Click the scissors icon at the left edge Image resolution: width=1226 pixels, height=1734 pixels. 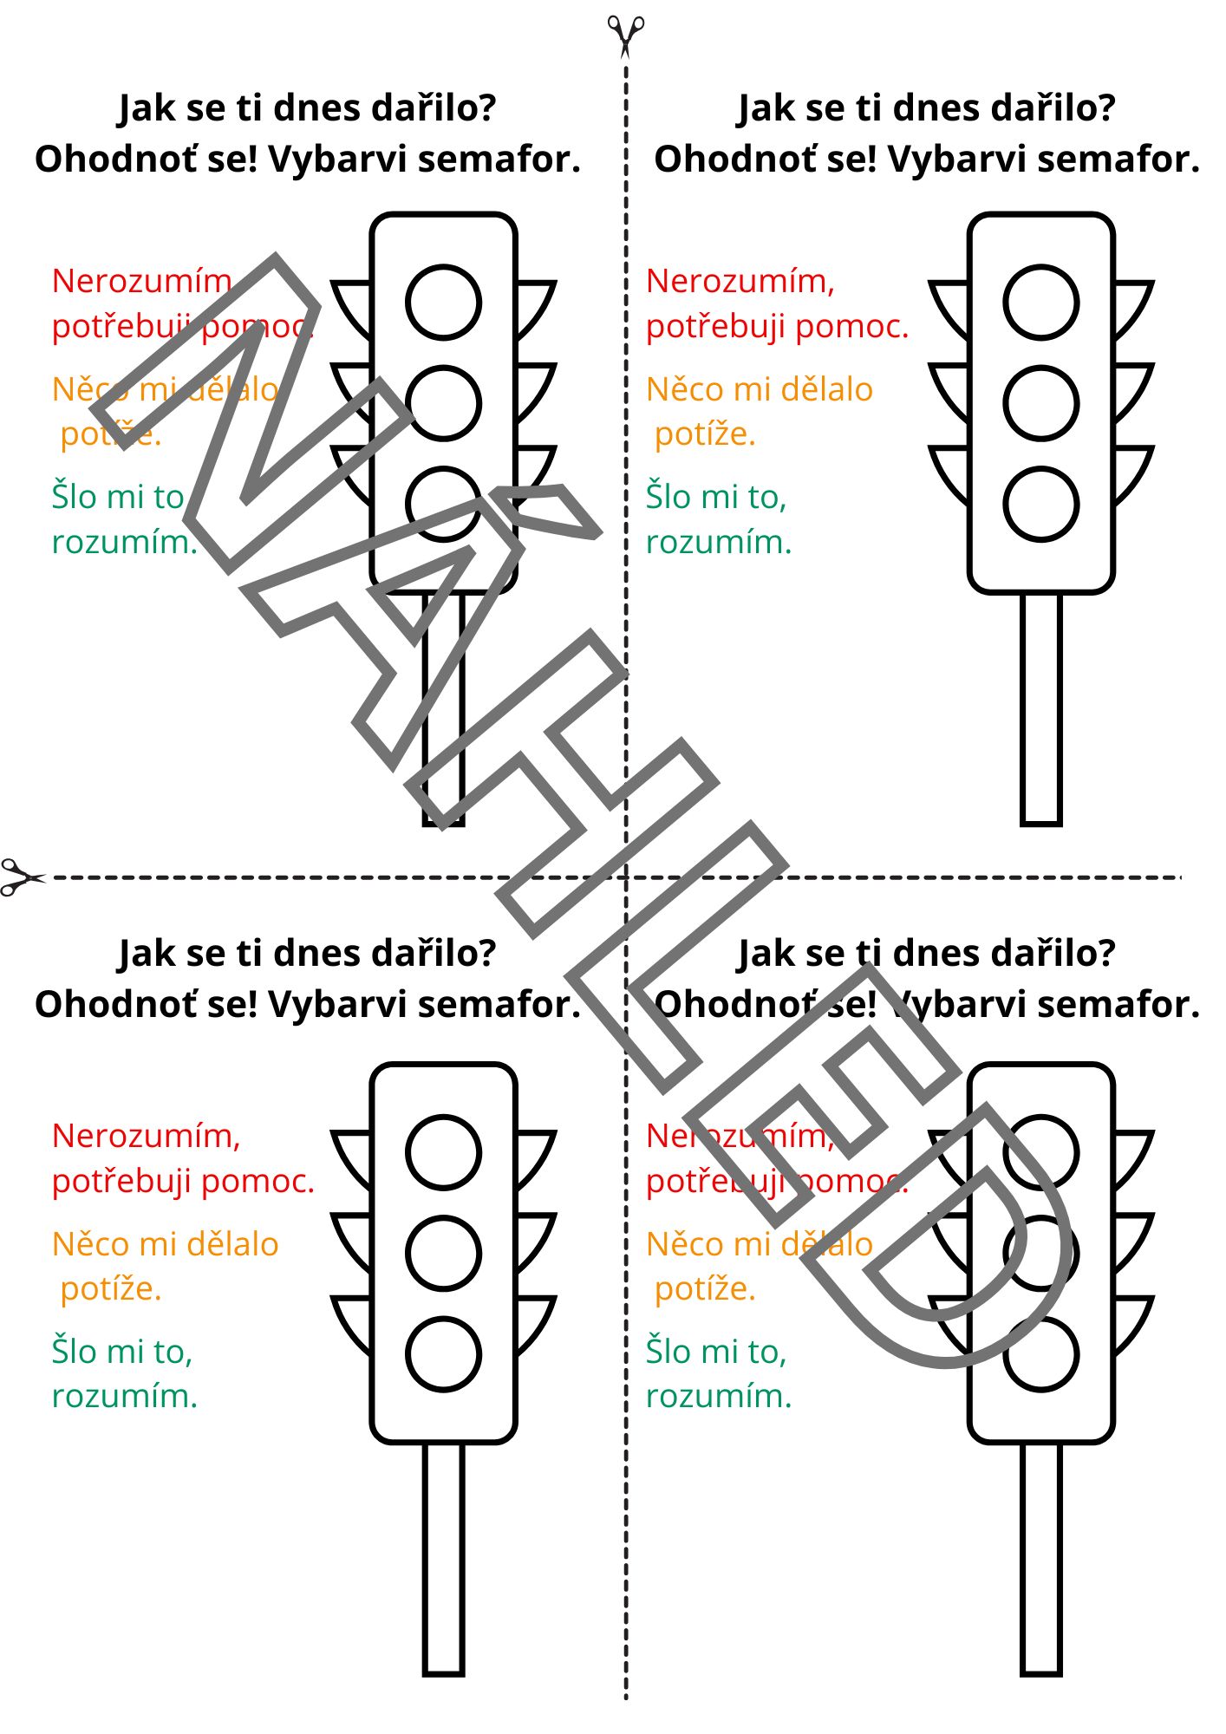[x=21, y=877]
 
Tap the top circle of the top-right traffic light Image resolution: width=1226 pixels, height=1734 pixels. [x=1040, y=303]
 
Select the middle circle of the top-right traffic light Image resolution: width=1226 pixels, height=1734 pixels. [x=1040, y=403]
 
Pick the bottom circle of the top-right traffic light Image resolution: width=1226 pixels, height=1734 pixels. [x=1040, y=504]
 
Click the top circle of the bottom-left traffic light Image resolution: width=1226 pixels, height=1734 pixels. [x=443, y=1153]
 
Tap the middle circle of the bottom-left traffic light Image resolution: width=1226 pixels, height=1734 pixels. [x=443, y=1254]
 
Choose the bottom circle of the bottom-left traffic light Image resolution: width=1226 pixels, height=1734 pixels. [x=443, y=1354]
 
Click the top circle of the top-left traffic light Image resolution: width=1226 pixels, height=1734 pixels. [x=443, y=303]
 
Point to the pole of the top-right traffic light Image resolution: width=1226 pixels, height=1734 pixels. [x=1040, y=707]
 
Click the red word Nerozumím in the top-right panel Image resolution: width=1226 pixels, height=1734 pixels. [x=740, y=282]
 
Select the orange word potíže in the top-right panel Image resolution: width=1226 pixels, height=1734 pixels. [x=704, y=434]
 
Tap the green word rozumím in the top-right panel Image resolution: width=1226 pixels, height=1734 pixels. [x=719, y=543]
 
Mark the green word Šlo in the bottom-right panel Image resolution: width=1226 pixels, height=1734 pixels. [x=668, y=1352]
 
